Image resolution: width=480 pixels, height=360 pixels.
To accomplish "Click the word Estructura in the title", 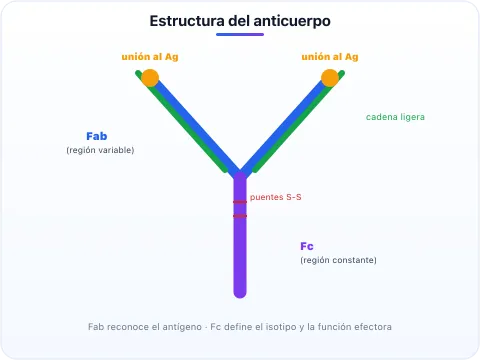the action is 187,21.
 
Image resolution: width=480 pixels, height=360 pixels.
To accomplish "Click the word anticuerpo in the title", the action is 292,22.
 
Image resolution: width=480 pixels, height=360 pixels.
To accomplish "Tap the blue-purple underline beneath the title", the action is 240,34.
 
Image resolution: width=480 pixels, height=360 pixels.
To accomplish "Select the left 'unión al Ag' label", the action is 150,57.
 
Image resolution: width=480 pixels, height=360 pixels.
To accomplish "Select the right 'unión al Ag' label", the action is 330,57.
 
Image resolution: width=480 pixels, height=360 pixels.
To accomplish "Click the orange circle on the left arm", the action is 150,78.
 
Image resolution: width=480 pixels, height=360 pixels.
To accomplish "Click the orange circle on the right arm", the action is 330,78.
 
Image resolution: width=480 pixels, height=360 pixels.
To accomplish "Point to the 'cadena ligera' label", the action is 395,117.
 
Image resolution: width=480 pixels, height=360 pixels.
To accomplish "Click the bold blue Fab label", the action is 97,136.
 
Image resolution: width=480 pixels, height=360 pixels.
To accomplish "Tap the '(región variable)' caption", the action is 100,150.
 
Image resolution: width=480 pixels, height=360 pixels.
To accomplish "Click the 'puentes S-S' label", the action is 276,197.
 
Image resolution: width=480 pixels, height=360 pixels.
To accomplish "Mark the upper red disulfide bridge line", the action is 240,202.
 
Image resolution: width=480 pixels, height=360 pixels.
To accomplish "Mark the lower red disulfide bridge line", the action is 240,216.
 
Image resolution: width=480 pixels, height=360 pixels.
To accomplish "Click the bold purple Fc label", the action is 307,246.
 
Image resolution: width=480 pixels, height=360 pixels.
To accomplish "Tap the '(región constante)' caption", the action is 338,260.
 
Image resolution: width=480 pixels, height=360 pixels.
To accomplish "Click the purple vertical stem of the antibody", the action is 240,235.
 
